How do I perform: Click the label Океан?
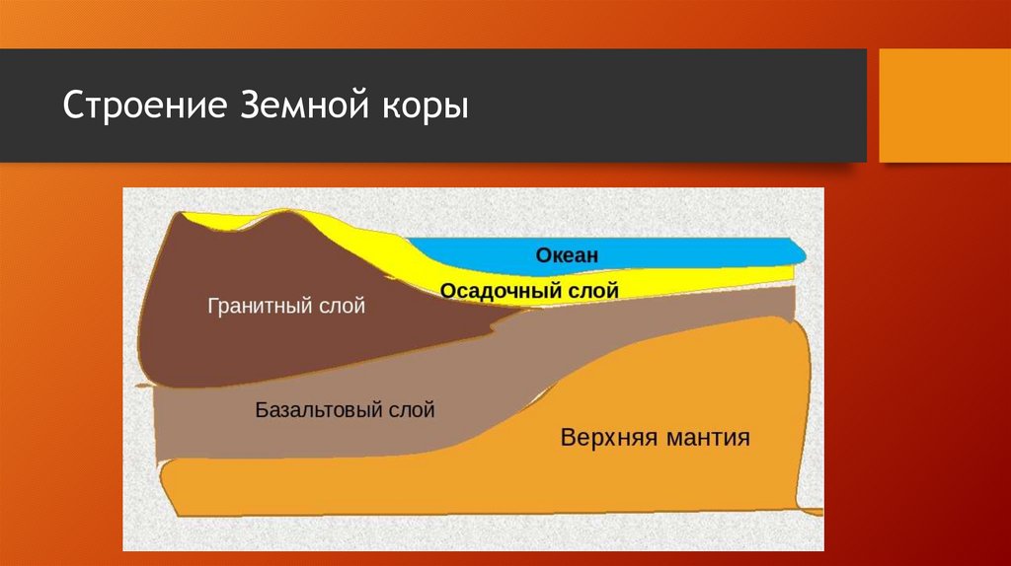coord(568,255)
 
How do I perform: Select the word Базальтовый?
coord(319,409)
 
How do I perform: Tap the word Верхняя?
coord(608,438)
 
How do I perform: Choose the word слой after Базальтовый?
coord(412,409)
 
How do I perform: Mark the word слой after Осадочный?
coord(588,291)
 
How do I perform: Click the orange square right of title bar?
coord(945,106)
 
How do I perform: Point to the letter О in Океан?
coord(544,255)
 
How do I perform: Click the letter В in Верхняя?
coord(568,438)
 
